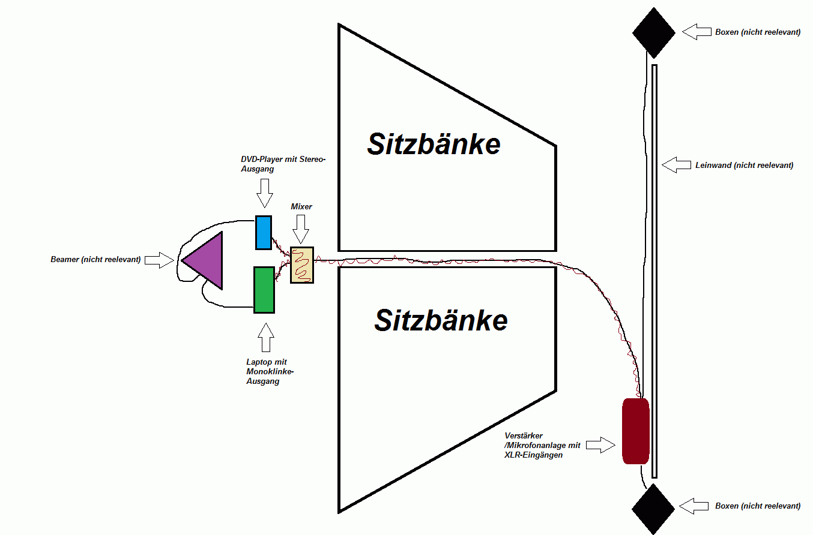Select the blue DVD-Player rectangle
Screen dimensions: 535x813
263,232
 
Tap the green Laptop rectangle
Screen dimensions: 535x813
264,290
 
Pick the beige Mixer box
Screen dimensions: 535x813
302,265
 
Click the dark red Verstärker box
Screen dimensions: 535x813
636,431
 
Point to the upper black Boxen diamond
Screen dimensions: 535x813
654,32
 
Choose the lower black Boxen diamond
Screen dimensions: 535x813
653,508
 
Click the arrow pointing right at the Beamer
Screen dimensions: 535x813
161,260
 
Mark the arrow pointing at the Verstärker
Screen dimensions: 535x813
600,445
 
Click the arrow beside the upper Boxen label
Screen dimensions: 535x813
697,32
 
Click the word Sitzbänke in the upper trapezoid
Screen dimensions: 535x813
434,144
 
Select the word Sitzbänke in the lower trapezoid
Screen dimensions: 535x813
441,320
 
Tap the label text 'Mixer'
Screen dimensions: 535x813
301,206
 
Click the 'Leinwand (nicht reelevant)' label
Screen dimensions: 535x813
744,165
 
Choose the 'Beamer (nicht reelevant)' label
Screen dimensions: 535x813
95,260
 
